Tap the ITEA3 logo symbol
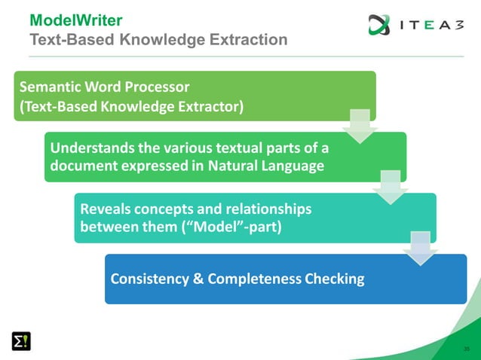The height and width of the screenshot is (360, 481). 379,25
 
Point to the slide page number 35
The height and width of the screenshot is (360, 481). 467,349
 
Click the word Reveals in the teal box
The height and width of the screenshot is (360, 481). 106,206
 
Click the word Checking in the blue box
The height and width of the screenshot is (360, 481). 334,279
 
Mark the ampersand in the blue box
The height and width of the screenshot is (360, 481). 198,279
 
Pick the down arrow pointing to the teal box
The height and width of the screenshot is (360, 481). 390,188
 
